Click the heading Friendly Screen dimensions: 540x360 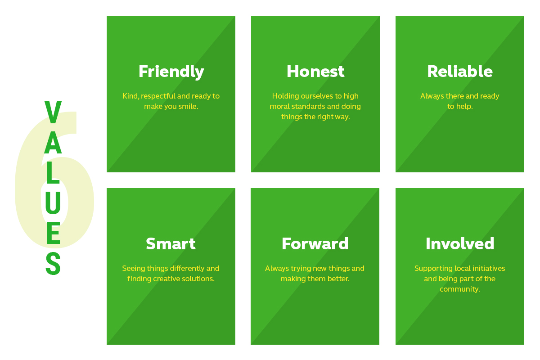click(171, 72)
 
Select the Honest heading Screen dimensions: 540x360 click(315, 72)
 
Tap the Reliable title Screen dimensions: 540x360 click(460, 71)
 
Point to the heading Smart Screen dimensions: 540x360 click(171, 243)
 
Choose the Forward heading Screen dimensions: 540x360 click(315, 243)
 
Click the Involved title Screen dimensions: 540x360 click(460, 243)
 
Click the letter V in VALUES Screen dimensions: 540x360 click(53, 112)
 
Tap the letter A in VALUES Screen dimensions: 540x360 click(53, 143)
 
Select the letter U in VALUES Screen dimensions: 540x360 click(53, 203)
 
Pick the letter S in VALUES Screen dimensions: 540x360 click(53, 263)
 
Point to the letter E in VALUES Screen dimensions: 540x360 click(53, 233)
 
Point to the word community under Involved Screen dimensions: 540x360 click(460, 289)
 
